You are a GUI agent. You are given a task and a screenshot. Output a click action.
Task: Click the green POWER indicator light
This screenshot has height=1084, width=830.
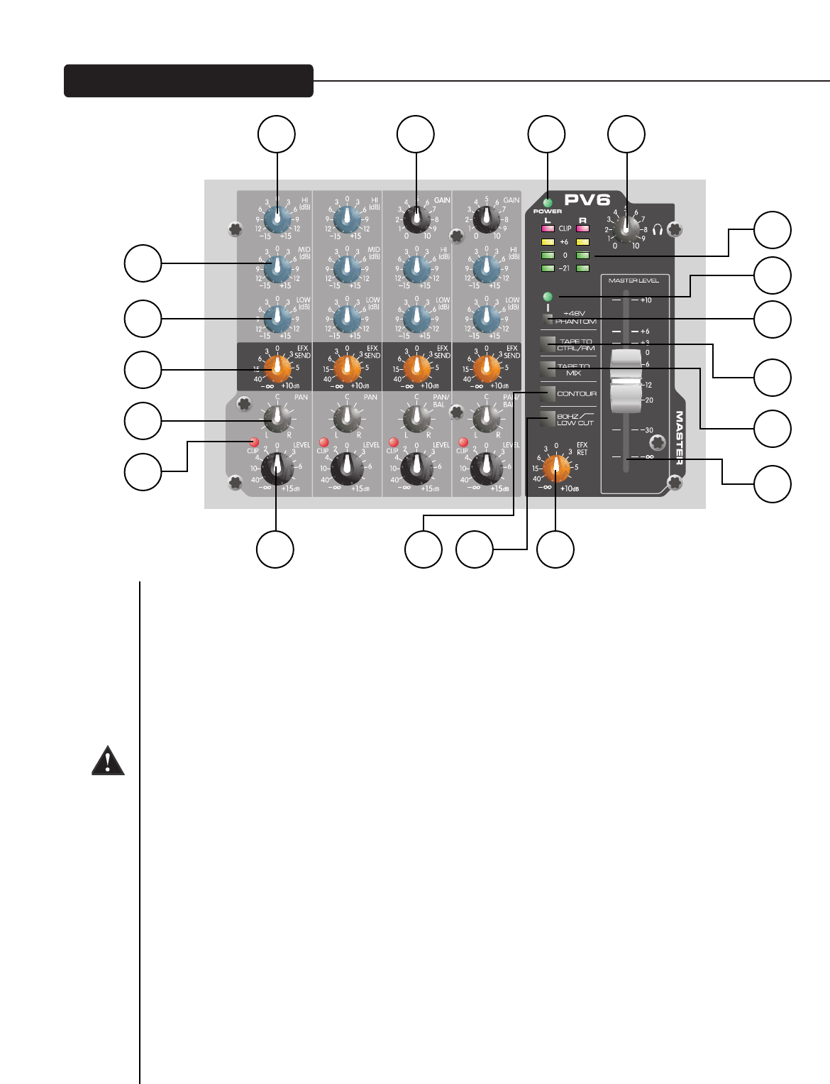point(548,203)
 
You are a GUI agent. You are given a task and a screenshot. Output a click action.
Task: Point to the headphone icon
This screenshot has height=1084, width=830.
point(657,230)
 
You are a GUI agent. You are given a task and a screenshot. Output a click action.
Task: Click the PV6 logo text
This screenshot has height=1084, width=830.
point(587,200)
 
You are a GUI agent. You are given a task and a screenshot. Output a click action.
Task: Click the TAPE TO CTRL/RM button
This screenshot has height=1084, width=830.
point(547,345)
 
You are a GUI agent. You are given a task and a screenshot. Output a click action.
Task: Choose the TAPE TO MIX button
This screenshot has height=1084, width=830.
point(547,369)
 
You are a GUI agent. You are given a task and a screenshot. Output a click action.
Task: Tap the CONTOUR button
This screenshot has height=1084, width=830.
point(547,394)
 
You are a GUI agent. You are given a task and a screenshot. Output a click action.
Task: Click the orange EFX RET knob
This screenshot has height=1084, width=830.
point(556,468)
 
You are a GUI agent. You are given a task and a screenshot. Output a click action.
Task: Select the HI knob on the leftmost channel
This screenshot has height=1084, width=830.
point(277,220)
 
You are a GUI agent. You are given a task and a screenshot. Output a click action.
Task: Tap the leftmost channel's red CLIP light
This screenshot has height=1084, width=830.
point(254,442)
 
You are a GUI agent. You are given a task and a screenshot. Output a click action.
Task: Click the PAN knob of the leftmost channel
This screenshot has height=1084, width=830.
point(277,419)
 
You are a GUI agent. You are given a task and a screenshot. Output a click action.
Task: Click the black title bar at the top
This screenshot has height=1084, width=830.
point(189,81)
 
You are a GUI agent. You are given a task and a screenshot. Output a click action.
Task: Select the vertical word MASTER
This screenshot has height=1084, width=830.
point(679,437)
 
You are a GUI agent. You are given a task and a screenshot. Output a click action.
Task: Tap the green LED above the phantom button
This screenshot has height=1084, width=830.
point(548,296)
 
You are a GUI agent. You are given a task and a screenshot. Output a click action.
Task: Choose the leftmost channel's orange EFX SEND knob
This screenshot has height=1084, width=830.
point(277,369)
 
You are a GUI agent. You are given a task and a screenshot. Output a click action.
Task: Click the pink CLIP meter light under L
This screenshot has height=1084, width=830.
point(548,229)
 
